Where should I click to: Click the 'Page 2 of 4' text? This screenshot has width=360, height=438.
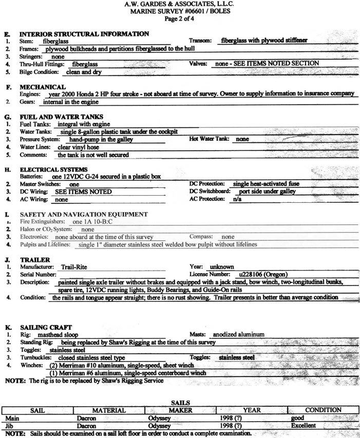click(180, 19)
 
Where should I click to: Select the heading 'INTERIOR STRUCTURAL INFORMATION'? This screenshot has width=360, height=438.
click(84, 34)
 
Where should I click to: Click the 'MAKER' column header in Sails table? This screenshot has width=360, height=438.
click(180, 410)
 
